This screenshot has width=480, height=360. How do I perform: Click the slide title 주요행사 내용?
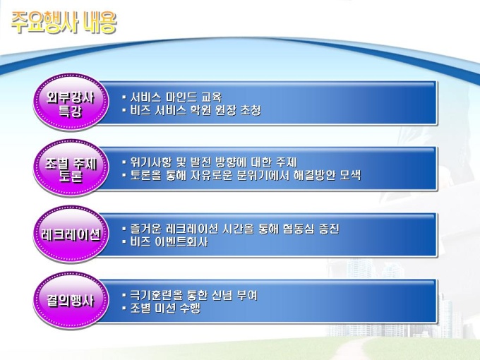click(x=64, y=23)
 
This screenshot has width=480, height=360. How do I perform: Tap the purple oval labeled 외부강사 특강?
click(x=71, y=102)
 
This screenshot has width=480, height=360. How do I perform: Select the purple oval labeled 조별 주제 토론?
click(x=71, y=168)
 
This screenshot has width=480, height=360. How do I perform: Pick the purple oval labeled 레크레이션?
click(x=71, y=234)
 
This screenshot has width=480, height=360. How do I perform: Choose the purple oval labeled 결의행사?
click(x=71, y=301)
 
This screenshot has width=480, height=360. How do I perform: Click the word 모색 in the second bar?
click(x=351, y=175)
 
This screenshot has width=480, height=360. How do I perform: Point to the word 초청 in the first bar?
click(x=251, y=110)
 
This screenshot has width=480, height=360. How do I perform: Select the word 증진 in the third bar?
click(x=329, y=229)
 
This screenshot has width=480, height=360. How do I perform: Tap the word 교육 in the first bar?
click(x=212, y=97)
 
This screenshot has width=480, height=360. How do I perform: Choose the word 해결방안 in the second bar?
click(x=315, y=175)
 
